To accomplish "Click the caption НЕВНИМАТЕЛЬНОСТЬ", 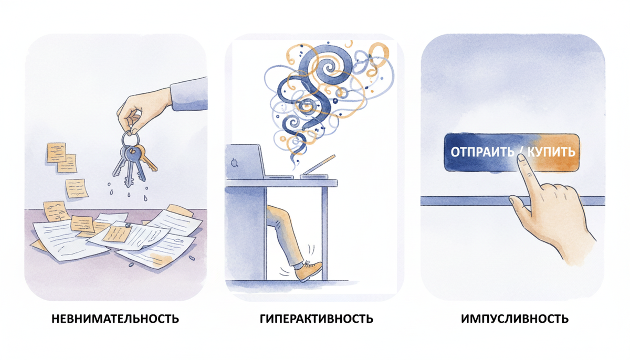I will click(115, 319).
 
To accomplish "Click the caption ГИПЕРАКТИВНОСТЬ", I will click(316, 319).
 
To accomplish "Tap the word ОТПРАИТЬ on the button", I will click(481, 152).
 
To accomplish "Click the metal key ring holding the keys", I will click(130, 140).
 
